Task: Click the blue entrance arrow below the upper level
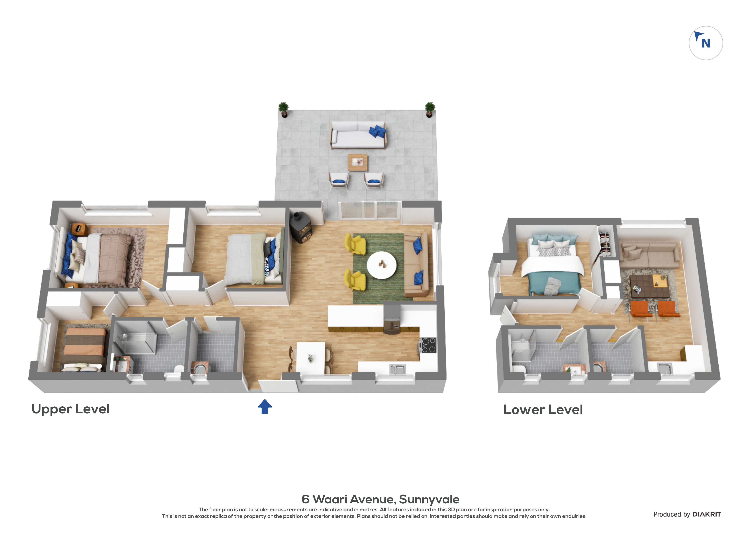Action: (x=265, y=407)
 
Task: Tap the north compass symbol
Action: (x=706, y=43)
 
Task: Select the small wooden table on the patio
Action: (x=358, y=163)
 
